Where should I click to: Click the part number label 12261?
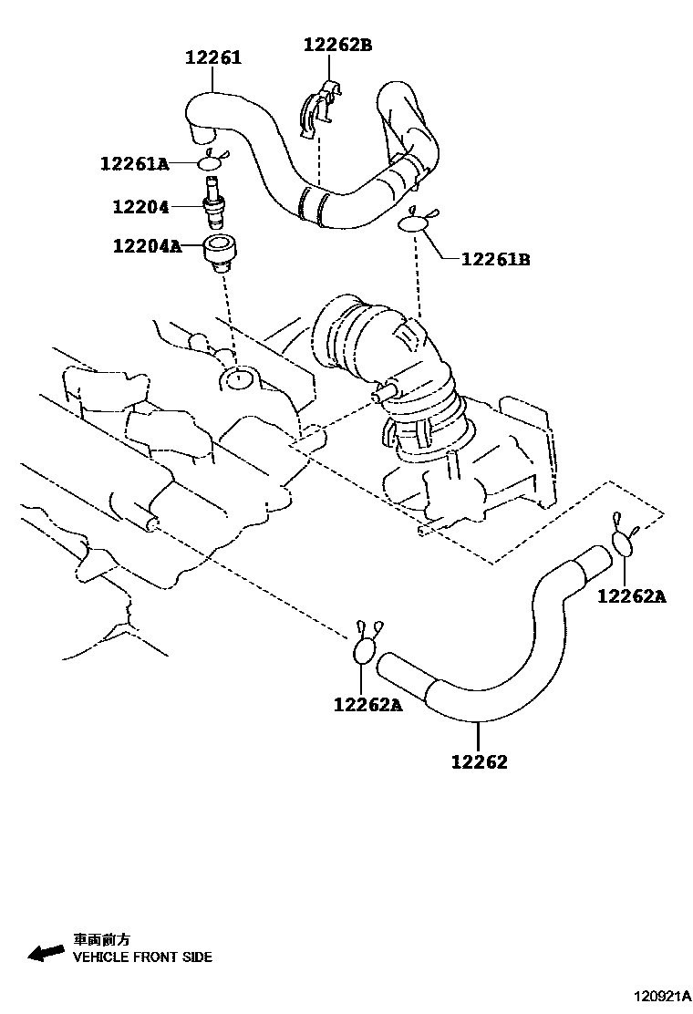pos(213,58)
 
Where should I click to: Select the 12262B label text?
pos(338,45)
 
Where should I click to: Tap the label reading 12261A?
pos(135,164)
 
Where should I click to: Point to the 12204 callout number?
pos(141,208)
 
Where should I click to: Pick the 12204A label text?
pos(147,246)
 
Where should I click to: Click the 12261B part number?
pos(495,259)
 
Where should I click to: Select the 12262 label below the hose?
pos(479,761)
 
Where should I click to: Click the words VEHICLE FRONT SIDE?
pos(142,957)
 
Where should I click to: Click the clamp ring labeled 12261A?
pos(212,162)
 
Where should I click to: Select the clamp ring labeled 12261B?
pos(415,221)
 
